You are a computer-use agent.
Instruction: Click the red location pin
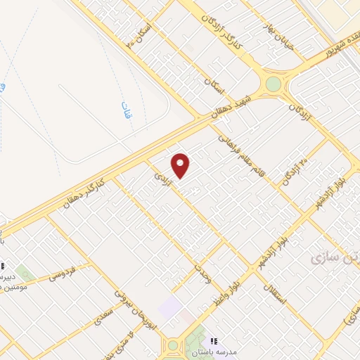(x=181, y=165)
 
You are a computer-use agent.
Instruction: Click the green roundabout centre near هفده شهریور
(x=273, y=84)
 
